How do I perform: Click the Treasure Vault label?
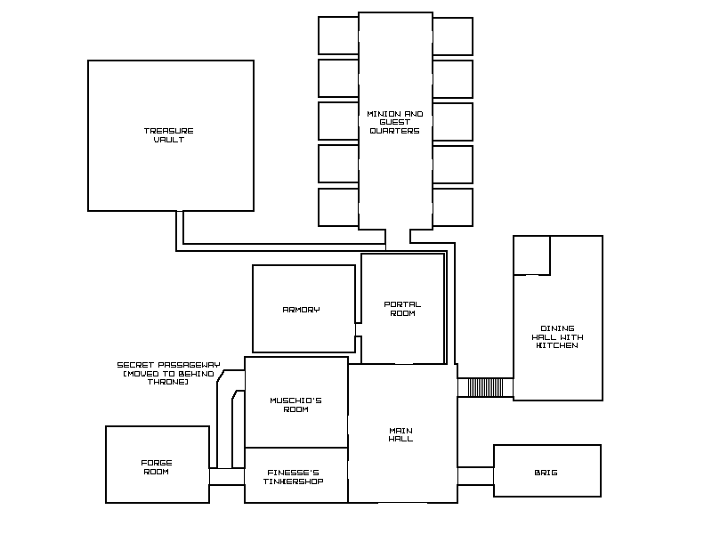(169, 135)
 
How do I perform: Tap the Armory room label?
(301, 310)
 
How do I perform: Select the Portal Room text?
(402, 309)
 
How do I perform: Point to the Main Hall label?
(400, 434)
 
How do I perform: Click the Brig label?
(546, 473)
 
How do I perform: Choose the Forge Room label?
(157, 467)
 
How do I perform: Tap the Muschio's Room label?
(295, 405)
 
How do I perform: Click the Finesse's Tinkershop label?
(294, 477)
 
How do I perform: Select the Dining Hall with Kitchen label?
(558, 336)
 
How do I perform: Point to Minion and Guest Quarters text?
(394, 122)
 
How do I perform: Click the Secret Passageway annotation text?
(168, 373)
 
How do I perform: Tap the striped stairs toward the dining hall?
(485, 387)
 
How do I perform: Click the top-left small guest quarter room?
(338, 36)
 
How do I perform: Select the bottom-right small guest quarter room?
(453, 207)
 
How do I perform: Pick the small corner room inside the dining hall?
(531, 255)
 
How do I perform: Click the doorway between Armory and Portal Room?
(359, 329)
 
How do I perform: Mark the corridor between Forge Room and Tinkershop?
(227, 477)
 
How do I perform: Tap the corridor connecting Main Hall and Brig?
(475, 476)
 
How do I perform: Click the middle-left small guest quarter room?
(338, 121)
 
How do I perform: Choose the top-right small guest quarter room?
(453, 36)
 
